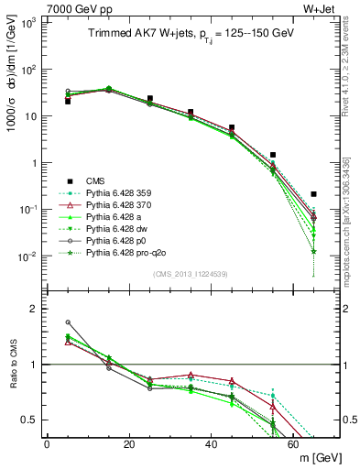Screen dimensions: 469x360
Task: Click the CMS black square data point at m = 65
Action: [x=314, y=194]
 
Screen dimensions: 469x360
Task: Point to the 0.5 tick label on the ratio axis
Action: [x=28, y=420]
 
